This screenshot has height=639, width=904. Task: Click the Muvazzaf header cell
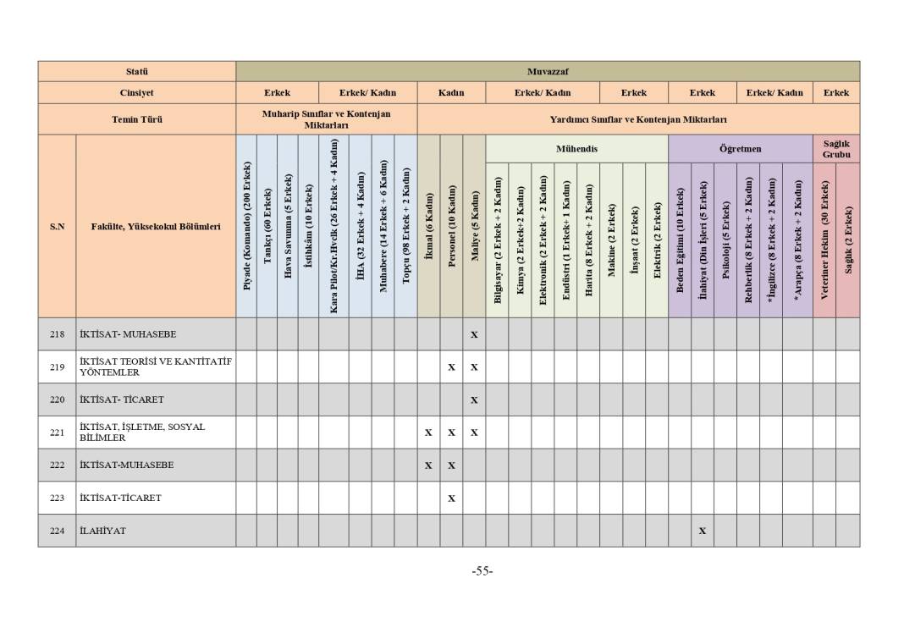click(x=547, y=71)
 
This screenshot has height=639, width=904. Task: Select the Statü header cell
click(x=136, y=71)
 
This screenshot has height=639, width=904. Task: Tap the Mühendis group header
click(x=576, y=149)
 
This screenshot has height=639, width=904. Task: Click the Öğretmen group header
click(x=740, y=149)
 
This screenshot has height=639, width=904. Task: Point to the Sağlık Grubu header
click(x=835, y=149)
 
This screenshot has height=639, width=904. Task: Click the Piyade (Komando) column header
click(x=246, y=226)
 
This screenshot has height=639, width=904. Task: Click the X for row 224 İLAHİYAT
click(x=702, y=531)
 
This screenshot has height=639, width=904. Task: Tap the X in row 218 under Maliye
click(x=474, y=334)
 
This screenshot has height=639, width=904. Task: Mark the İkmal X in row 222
click(x=428, y=465)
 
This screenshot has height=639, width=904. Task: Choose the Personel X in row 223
click(x=451, y=499)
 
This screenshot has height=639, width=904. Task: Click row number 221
click(x=57, y=432)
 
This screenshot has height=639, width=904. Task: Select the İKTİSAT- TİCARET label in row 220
click(x=121, y=399)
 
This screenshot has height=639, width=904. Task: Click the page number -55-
click(x=482, y=571)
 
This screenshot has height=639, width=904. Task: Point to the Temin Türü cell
click(x=136, y=119)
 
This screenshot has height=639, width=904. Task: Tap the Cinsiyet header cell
click(x=136, y=93)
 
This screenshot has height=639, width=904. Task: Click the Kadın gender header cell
click(x=451, y=93)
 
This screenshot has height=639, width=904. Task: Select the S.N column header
click(x=57, y=226)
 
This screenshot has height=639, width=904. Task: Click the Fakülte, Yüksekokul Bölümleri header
click(x=156, y=226)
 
